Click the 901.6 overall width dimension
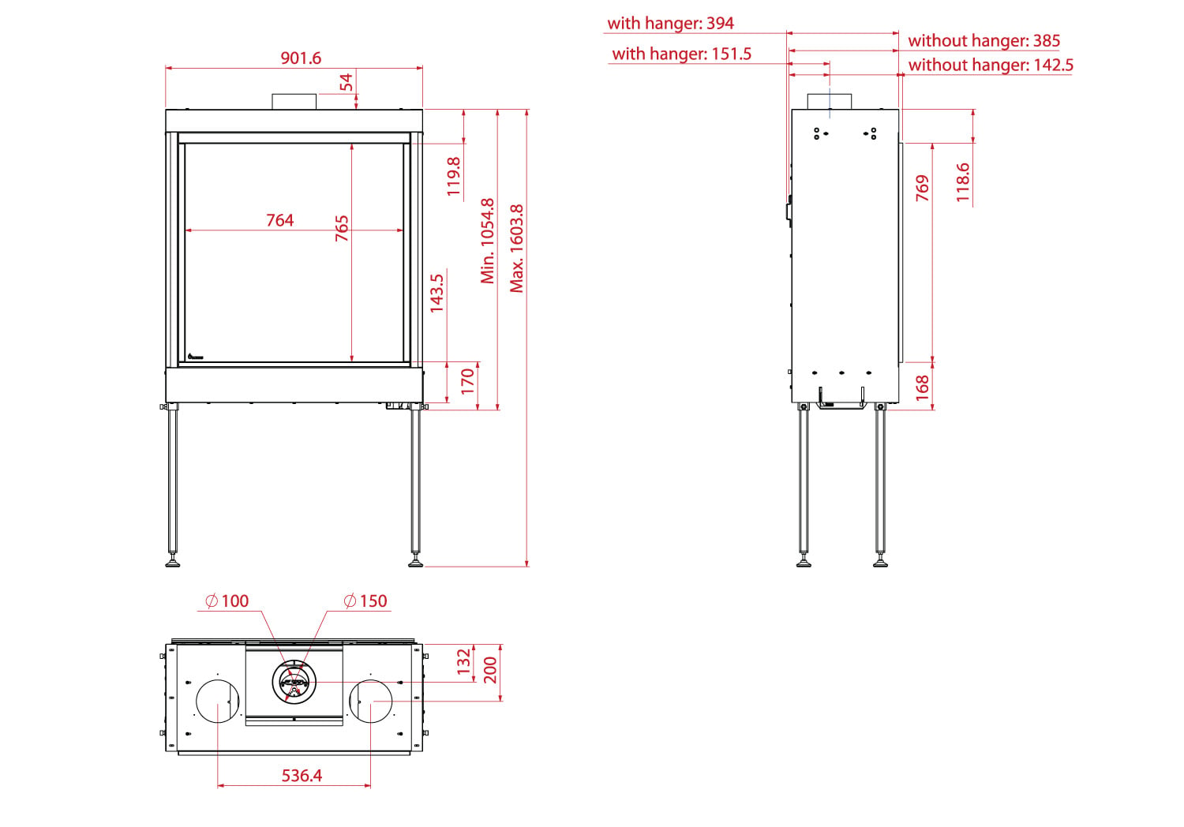(301, 58)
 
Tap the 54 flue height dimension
(346, 82)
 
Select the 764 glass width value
(279, 220)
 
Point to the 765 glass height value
(342, 228)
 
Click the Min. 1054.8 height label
(487, 241)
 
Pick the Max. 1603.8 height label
(516, 249)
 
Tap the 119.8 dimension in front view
(454, 177)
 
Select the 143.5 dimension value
(437, 294)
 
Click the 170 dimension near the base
(468, 381)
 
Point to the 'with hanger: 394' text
(670, 23)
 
